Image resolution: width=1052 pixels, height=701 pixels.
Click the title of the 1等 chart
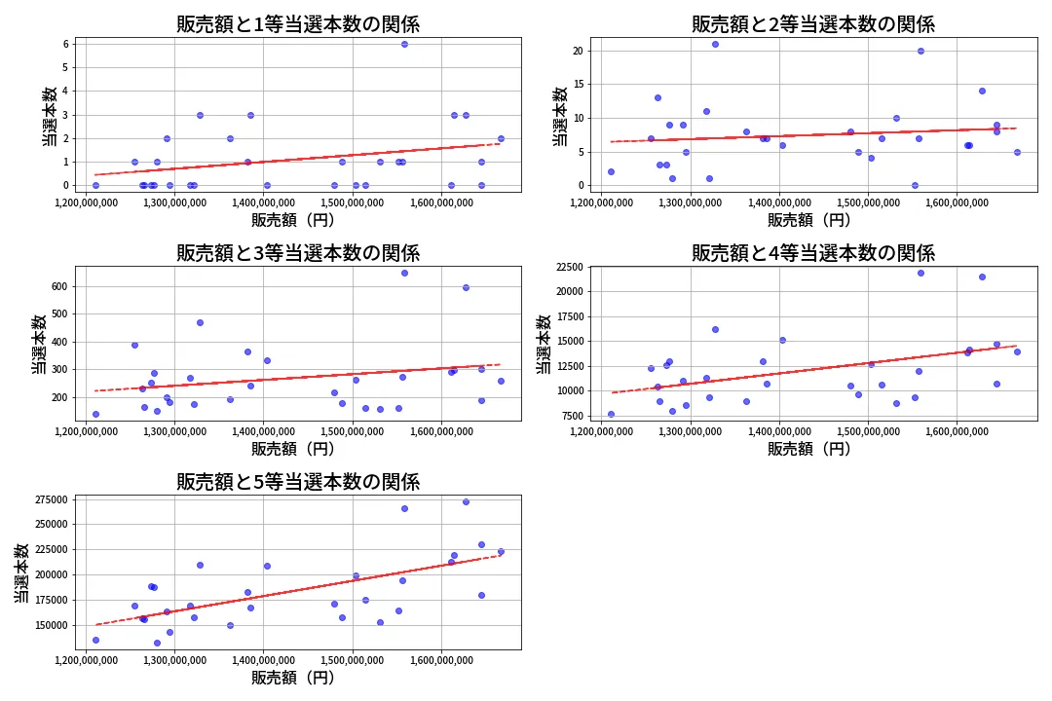pyautogui.click(x=298, y=24)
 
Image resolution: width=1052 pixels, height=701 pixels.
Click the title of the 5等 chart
pyautogui.click(x=298, y=481)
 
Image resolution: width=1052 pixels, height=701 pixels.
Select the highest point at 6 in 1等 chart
pyautogui.click(x=404, y=44)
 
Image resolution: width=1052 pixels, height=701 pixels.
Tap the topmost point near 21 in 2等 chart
pyautogui.click(x=715, y=44)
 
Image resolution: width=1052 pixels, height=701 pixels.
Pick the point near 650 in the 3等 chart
pyautogui.click(x=404, y=273)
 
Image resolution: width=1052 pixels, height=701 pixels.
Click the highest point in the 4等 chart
pyautogui.click(x=920, y=273)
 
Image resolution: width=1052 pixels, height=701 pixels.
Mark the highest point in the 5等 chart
pyautogui.click(x=466, y=501)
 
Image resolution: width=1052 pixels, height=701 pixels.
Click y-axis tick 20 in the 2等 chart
pyautogui.click(x=579, y=51)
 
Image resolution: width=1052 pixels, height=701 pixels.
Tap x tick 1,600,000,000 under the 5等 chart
pyautogui.click(x=441, y=660)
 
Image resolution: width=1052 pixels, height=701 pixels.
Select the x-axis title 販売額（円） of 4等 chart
pyautogui.click(x=808, y=449)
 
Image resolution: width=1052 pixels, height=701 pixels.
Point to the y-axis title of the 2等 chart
pyautogui.click(x=560, y=116)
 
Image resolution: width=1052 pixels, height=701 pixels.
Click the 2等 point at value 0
pyautogui.click(x=915, y=185)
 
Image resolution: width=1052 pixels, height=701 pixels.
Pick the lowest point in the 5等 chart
pyautogui.click(x=157, y=643)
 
